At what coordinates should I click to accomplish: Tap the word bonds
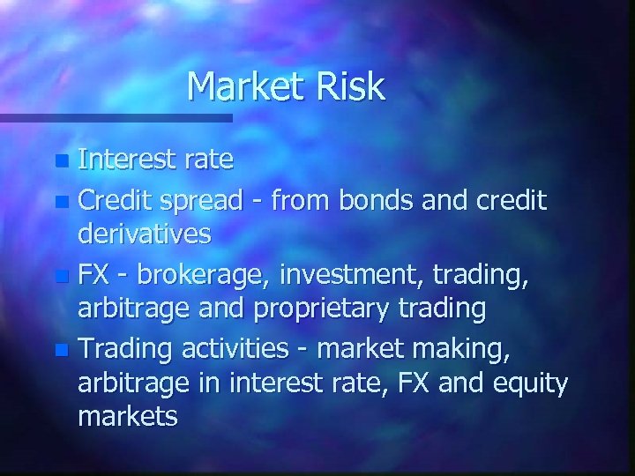[351, 201]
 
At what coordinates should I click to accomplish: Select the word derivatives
[145, 234]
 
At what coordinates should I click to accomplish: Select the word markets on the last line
[129, 416]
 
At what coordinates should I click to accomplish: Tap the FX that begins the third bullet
[93, 275]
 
